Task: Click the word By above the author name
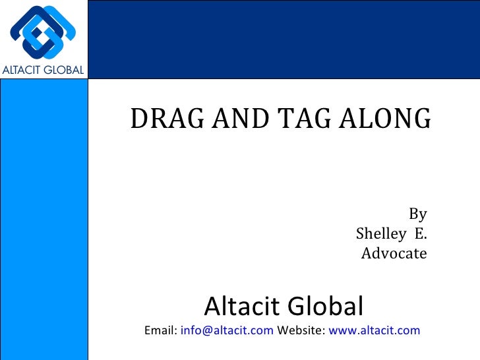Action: click(418, 214)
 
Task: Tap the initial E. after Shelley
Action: click(420, 233)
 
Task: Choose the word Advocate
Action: click(394, 253)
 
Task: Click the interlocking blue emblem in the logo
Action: click(43, 31)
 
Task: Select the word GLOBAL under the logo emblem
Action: click(65, 70)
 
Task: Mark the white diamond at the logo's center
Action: click(43, 32)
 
